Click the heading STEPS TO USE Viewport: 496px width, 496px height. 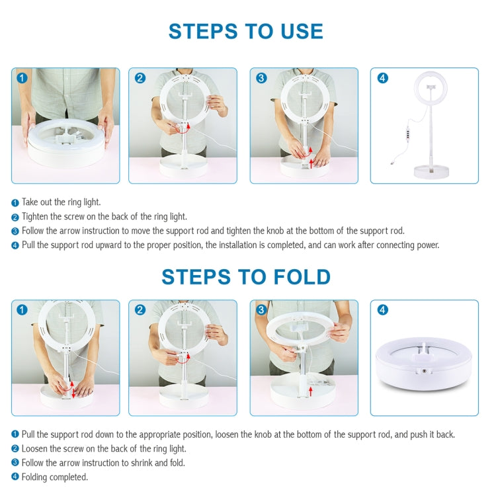245,31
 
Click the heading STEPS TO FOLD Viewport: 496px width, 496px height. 245,276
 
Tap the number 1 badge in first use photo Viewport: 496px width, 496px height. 22,78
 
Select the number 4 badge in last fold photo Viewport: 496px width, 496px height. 382,310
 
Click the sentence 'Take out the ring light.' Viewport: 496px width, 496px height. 61,202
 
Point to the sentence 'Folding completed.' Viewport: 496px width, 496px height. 54,477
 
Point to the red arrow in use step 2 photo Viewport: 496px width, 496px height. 187,127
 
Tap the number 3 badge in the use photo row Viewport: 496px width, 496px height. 261,78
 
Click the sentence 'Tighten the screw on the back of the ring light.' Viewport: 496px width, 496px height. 104,217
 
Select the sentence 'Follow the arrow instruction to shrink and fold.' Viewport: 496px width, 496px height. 103,463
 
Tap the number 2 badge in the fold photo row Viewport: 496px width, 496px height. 140,310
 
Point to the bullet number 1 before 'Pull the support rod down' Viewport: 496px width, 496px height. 15,434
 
